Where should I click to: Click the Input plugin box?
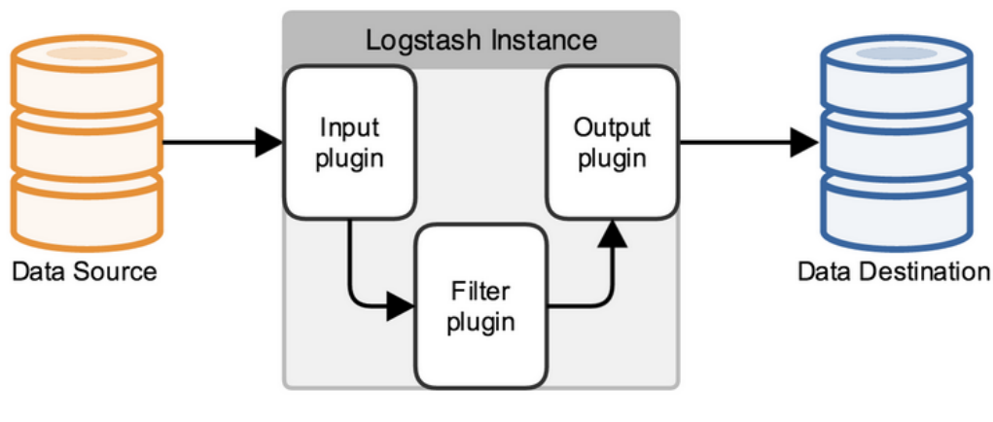pyautogui.click(x=349, y=142)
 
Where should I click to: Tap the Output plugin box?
pyautogui.click(x=612, y=142)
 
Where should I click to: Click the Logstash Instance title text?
pyautogui.click(x=480, y=41)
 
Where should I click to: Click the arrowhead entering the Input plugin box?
pyautogui.click(x=268, y=143)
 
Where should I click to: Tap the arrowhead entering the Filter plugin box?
pyautogui.click(x=400, y=306)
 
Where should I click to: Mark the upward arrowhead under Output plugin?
pyautogui.click(x=612, y=232)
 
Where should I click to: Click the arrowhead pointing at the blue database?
pyautogui.click(x=803, y=143)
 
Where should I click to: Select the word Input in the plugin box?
pyautogui.click(x=349, y=127)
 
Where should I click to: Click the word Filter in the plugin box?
pyautogui.click(x=479, y=291)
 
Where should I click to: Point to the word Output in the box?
pyautogui.click(x=612, y=127)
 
